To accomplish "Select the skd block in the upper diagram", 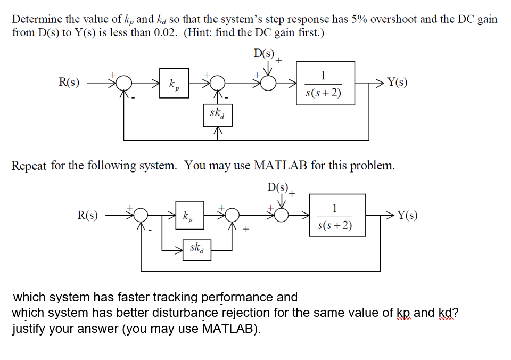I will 217,114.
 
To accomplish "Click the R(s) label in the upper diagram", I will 69,83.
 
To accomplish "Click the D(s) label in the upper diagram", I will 264,54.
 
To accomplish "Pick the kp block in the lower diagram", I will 187,216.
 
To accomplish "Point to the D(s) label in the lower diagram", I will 278,187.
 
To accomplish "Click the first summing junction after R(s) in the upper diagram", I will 125,83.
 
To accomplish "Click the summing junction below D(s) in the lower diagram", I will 283,215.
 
